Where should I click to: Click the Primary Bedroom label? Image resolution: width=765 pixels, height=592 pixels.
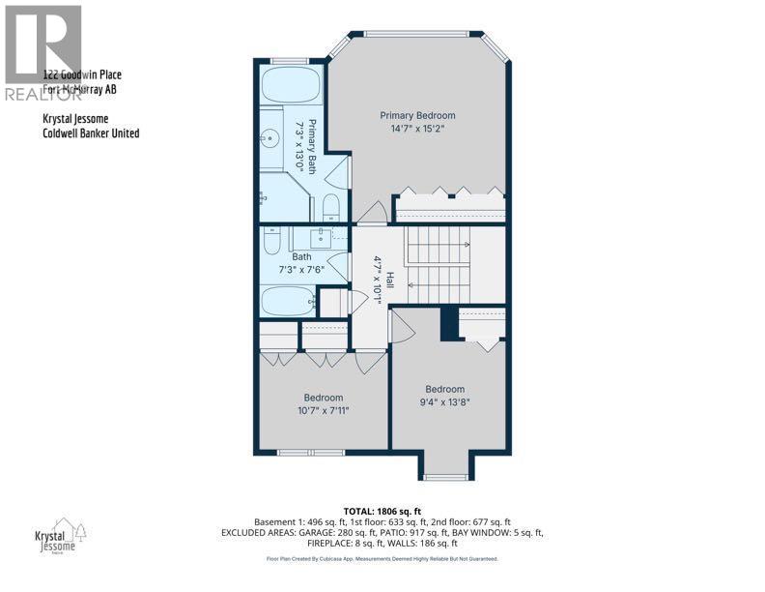pyautogui.click(x=416, y=115)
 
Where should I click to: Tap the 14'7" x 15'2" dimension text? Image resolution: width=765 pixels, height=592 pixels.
pyautogui.click(x=416, y=129)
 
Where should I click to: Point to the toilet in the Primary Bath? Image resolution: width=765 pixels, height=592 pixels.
pyautogui.click(x=329, y=204)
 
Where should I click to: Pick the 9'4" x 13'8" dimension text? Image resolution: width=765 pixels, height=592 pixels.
pyautogui.click(x=445, y=402)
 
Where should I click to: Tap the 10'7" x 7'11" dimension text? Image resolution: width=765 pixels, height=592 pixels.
pyautogui.click(x=323, y=410)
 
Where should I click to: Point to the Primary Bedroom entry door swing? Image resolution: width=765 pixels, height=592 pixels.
pyautogui.click(x=370, y=210)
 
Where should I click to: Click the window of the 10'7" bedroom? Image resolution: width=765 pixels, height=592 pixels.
pyautogui.click(x=303, y=452)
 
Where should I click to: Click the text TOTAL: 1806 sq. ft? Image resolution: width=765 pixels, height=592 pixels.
pyautogui.click(x=382, y=511)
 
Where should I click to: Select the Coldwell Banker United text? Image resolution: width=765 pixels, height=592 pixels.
pyautogui.click(x=91, y=133)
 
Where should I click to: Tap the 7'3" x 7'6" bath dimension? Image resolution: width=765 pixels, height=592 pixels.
pyautogui.click(x=302, y=269)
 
